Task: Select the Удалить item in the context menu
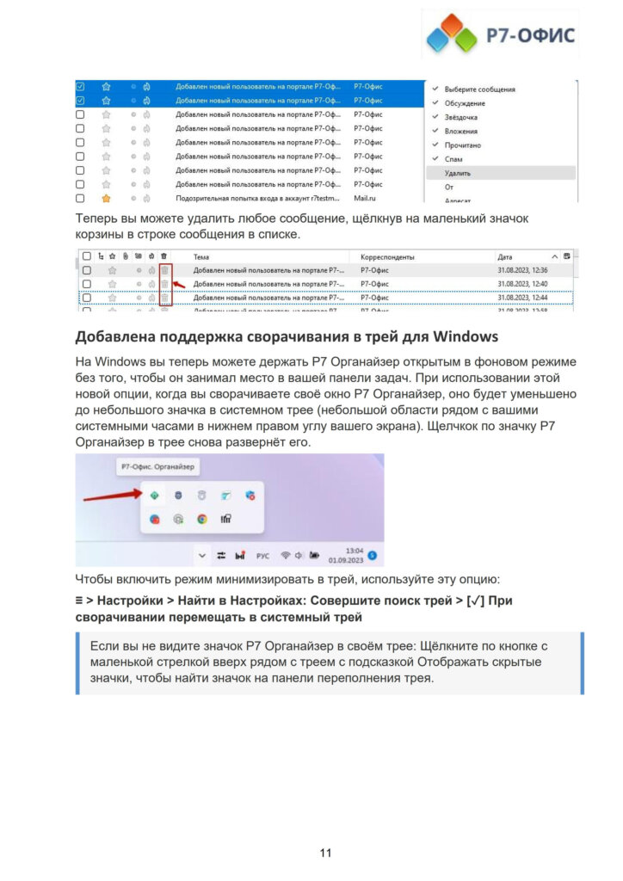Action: (458, 172)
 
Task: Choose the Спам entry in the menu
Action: (453, 158)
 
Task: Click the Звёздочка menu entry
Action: (461, 117)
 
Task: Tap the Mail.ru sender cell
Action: (367, 198)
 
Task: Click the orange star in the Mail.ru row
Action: (106, 198)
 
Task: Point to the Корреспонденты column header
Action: (387, 256)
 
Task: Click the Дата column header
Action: (505, 256)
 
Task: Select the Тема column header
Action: (201, 256)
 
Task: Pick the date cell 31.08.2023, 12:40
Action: (521, 283)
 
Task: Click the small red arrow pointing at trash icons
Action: (180, 283)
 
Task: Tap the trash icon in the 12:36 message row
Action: (164, 270)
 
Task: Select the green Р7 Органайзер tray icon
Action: (154, 495)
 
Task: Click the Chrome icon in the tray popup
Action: (202, 519)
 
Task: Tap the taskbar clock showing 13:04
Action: (354, 553)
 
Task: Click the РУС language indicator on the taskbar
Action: (262, 555)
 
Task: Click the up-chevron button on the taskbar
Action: (201, 555)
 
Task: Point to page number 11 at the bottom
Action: (325, 853)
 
